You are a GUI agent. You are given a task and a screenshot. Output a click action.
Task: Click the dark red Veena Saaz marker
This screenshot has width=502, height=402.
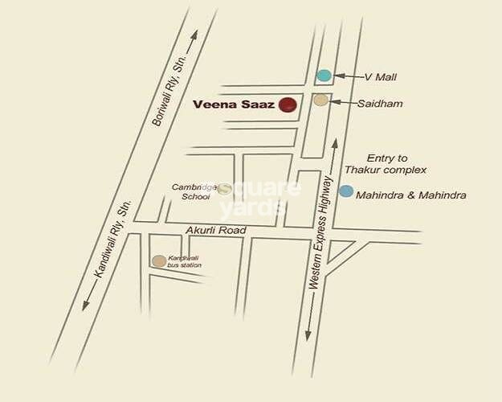click(288, 105)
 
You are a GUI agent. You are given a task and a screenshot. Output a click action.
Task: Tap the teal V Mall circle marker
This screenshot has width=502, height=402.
click(324, 76)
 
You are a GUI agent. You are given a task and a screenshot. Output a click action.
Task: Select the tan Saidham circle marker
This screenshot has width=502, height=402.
click(320, 100)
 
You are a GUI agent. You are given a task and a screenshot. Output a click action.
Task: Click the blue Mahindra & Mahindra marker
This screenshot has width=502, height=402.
click(345, 191)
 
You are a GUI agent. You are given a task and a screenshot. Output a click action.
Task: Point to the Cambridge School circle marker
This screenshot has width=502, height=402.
click(226, 189)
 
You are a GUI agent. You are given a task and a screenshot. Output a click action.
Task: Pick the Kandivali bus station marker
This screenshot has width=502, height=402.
click(159, 260)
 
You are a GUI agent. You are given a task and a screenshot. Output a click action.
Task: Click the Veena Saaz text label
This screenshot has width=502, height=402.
click(233, 105)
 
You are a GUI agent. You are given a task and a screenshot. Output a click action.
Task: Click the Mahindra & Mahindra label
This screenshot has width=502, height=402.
click(410, 195)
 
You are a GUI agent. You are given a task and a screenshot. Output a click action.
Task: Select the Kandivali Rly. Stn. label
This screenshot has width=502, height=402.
click(112, 239)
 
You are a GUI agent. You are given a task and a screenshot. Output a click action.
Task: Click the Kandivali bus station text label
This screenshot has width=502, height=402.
click(185, 260)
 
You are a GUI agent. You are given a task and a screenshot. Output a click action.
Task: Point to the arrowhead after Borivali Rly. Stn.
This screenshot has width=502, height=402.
click(195, 35)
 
